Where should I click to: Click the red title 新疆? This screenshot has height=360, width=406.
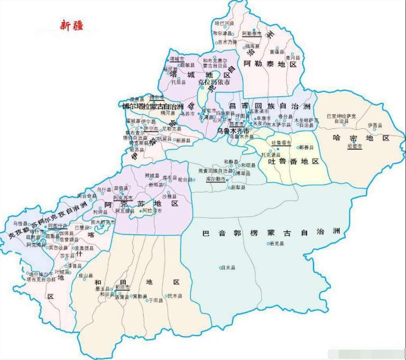pos(72,25)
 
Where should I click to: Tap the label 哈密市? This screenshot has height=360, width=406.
pos(355,147)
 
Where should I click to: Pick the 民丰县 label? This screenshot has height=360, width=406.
pos(174,296)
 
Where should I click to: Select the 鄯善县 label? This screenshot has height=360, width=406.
pos(306,147)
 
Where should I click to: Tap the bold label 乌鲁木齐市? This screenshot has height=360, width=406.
pos(233,131)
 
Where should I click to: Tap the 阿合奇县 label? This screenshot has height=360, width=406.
pos(87,195)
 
